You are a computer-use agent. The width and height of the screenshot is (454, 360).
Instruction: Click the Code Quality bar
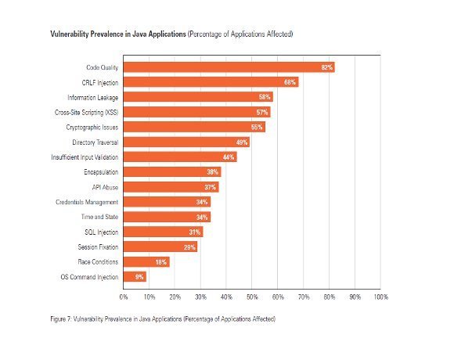pyautogui.click(x=229, y=67)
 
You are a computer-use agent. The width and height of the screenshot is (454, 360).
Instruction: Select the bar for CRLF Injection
pyautogui.click(x=211, y=82)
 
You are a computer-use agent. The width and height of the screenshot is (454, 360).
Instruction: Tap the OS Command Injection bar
pyautogui.click(x=135, y=277)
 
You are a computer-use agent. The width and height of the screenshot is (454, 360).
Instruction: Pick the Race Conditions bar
pyautogui.click(x=146, y=262)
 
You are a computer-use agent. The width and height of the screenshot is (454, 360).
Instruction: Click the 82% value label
pyautogui.click(x=327, y=67)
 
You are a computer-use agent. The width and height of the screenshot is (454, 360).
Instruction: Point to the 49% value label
pyautogui.click(x=242, y=142)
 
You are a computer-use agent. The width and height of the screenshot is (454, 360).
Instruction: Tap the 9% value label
pyautogui.click(x=139, y=277)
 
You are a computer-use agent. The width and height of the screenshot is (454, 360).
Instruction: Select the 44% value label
pyautogui.click(x=229, y=157)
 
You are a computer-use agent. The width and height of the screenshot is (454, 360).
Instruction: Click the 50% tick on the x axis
pyautogui.click(x=252, y=297)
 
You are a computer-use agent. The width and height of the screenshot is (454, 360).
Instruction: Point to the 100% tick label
pyautogui.click(x=380, y=297)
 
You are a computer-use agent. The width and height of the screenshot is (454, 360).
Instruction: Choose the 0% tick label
pyautogui.click(x=124, y=297)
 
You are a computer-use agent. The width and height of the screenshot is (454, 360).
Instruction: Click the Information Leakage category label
pyautogui.click(x=93, y=98)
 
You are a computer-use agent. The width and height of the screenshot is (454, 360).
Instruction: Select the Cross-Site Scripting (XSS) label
pyautogui.click(x=87, y=112)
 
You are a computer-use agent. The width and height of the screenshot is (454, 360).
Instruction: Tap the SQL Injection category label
pyautogui.click(x=102, y=232)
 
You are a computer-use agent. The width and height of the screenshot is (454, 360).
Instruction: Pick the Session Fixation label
pyautogui.click(x=98, y=247)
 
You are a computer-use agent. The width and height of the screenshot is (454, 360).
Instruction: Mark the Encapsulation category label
pyautogui.click(x=101, y=172)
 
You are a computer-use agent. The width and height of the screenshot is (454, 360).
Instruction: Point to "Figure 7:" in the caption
pyautogui.click(x=61, y=319)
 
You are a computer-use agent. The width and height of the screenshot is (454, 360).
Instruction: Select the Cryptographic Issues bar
pyautogui.click(x=194, y=127)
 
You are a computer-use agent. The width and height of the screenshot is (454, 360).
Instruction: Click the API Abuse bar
pyautogui.click(x=171, y=187)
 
